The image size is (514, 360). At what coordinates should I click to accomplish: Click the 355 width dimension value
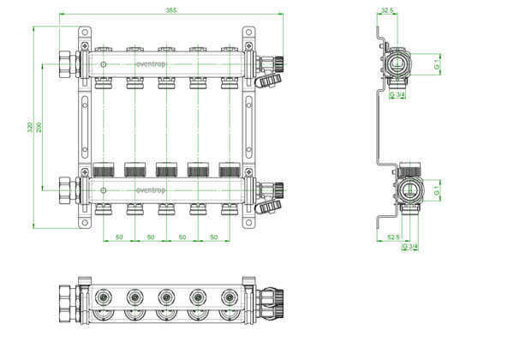coord(171,10)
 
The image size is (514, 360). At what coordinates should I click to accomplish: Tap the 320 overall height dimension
coord(30,127)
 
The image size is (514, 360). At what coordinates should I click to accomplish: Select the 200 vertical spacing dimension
coord(39,127)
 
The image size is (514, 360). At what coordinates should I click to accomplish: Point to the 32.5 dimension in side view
coord(387,10)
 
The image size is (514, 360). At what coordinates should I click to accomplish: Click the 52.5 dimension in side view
coord(393,237)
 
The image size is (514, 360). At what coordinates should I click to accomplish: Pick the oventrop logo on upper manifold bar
coord(151,64)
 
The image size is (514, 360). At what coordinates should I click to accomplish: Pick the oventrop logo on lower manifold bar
coord(151,190)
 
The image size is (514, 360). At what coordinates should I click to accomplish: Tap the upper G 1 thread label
coord(437,64)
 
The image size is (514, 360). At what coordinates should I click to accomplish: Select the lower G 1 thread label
coord(437,190)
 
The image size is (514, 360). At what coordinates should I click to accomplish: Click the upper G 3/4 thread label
coord(397,95)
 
